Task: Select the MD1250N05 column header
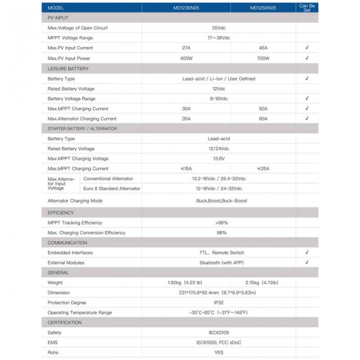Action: [x=263, y=8]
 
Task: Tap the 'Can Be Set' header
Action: [x=307, y=8]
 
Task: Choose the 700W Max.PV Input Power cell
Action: [x=263, y=58]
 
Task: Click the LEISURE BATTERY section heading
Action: [x=68, y=68]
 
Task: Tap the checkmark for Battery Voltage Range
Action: [x=307, y=98]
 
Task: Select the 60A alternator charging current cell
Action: [x=263, y=118]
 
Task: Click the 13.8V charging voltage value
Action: [x=219, y=158]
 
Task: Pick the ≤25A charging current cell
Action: [x=263, y=168]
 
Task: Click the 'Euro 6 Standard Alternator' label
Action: [x=112, y=189]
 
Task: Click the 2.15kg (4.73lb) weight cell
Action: [x=263, y=282]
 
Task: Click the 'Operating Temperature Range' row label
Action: [x=80, y=313]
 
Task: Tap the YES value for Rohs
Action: [x=219, y=352]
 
